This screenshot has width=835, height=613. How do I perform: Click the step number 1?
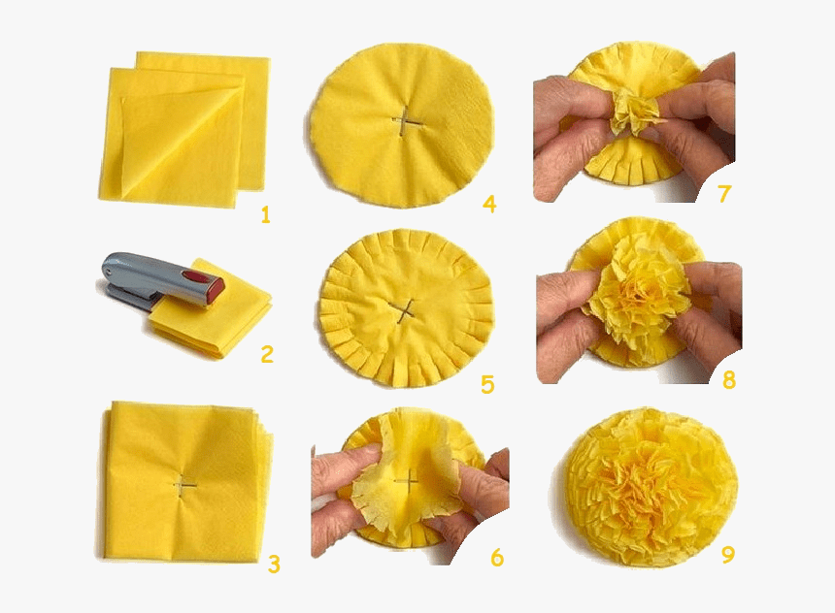pyautogui.click(x=266, y=215)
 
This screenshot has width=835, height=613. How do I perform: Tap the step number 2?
pyautogui.click(x=267, y=354)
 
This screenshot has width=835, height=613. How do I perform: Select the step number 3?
pyautogui.click(x=274, y=565)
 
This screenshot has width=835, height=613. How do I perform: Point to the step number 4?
pyautogui.click(x=489, y=204)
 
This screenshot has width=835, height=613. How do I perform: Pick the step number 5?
pyautogui.click(x=487, y=385)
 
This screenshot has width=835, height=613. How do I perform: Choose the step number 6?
pyautogui.click(x=497, y=557)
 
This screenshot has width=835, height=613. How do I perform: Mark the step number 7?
pyautogui.click(x=723, y=194)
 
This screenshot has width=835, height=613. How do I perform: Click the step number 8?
pyautogui.click(x=729, y=380)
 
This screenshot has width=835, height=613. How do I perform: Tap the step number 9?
pyautogui.click(x=728, y=554)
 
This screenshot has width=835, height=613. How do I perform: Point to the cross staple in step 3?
pyautogui.click(x=184, y=485)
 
